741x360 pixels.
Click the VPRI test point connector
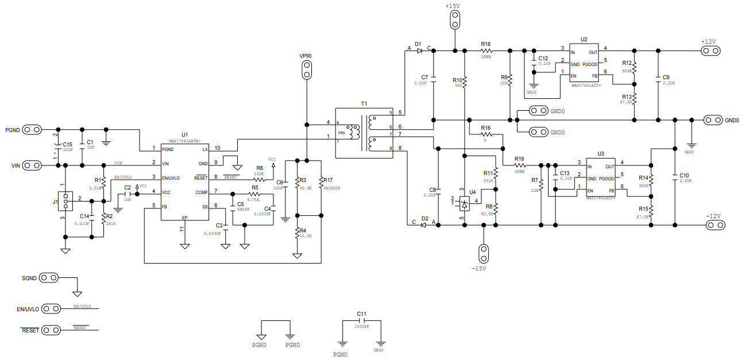307,70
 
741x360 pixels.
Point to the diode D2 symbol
424,225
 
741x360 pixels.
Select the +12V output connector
711,51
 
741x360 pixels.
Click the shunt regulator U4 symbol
465,202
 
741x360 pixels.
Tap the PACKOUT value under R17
332,188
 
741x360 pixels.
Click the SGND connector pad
49,278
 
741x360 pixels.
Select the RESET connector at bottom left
50,330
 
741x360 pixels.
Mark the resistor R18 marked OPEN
486,51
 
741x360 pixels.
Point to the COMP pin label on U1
202,192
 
